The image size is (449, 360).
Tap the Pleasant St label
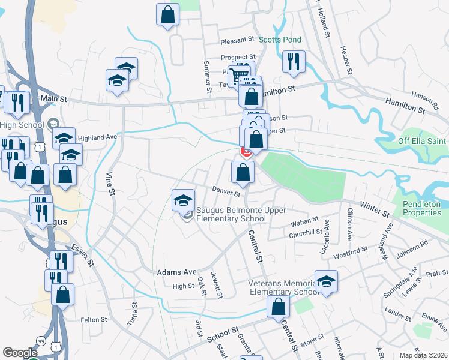[x=221, y=40]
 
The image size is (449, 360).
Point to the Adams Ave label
[x=176, y=272]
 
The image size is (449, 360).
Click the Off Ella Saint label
[x=423, y=141]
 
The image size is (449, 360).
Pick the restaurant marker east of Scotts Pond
[x=294, y=62]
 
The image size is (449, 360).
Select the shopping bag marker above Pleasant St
[x=168, y=14]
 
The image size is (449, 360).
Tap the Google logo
[x=20, y=353]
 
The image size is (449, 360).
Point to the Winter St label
[x=375, y=209]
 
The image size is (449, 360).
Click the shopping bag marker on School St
[x=278, y=308]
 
